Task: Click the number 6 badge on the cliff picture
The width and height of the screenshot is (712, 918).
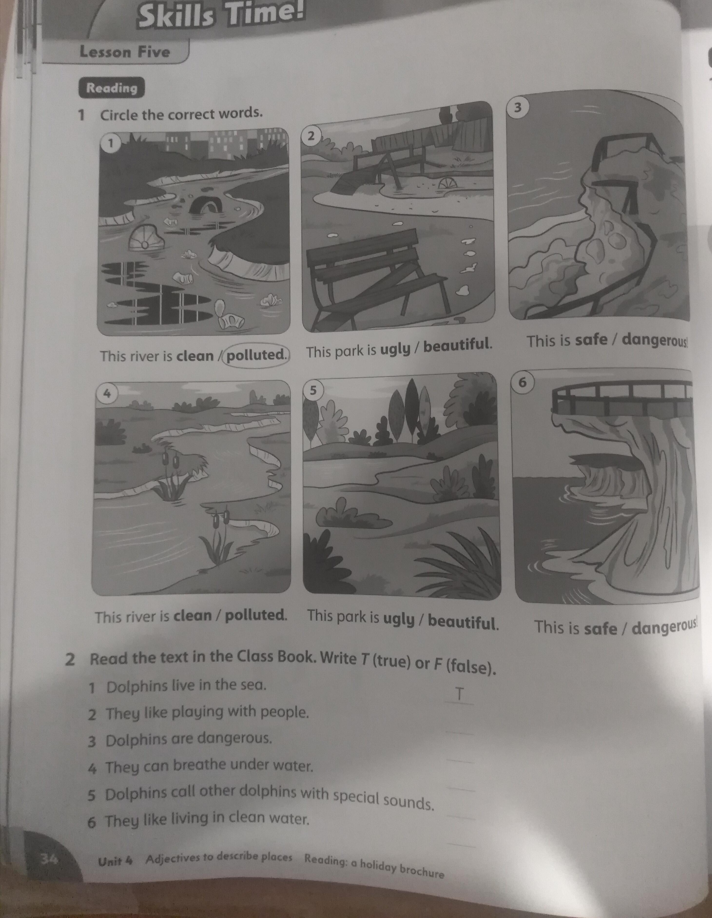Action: pos(522,382)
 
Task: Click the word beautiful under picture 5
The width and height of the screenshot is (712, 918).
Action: pos(462,621)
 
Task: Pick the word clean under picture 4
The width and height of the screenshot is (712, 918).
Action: pos(193,616)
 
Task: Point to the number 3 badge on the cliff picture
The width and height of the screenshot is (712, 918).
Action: pos(517,107)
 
